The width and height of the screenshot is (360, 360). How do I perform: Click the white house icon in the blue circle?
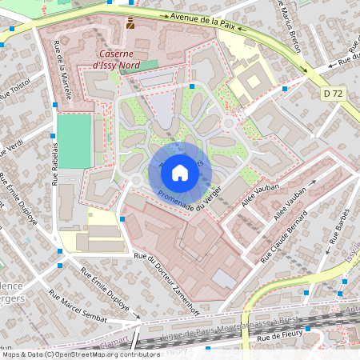(x=179, y=173)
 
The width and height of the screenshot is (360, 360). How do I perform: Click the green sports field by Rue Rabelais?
(x=74, y=141)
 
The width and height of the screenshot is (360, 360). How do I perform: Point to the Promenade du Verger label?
(x=190, y=192)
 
